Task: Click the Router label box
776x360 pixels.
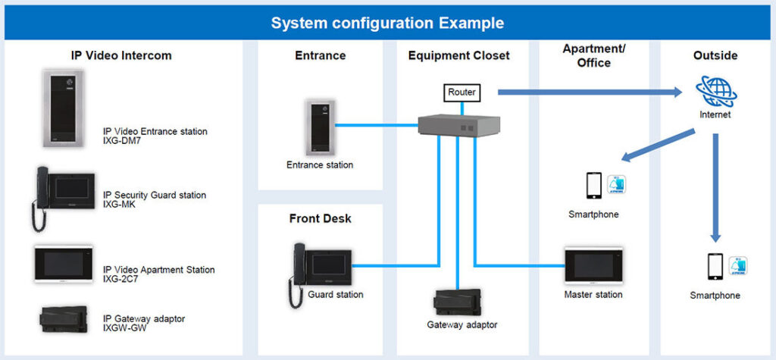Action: point(462,92)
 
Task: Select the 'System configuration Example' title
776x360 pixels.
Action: point(387,23)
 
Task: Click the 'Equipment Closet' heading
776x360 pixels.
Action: point(458,55)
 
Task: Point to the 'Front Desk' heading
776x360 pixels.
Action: point(320,219)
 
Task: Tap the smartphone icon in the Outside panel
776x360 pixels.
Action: point(714,267)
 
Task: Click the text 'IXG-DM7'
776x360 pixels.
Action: point(123,141)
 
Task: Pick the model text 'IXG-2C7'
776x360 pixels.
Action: point(121,279)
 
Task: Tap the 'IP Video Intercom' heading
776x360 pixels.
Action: point(121,55)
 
